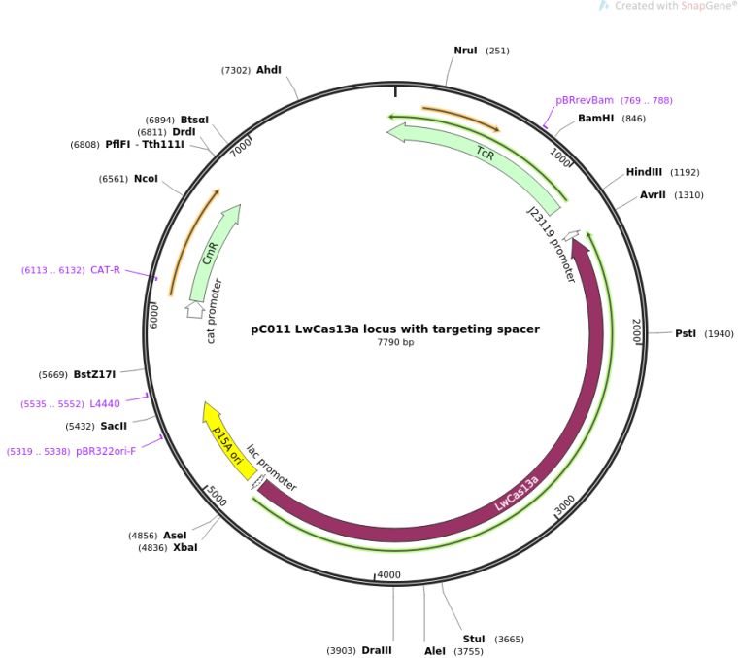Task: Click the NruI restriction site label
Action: [466, 51]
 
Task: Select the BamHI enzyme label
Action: [596, 119]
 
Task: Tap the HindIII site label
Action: [644, 172]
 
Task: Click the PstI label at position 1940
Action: [687, 334]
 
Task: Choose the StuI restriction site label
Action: [474, 639]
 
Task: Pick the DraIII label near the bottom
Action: [377, 650]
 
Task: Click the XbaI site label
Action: [184, 547]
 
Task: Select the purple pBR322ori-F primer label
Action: [106, 451]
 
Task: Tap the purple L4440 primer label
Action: [105, 403]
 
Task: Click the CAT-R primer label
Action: [105, 270]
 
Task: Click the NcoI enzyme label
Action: [146, 179]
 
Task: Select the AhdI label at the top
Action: [269, 70]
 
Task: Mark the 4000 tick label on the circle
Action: [388, 575]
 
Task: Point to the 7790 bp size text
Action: [395, 343]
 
